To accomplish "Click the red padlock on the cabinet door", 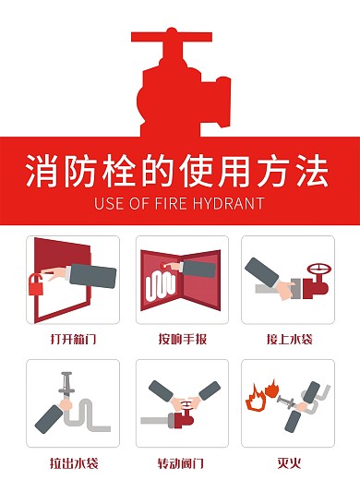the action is click(x=36, y=286).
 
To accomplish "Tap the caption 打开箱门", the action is click(x=74, y=339).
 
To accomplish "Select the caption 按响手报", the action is click(x=183, y=339).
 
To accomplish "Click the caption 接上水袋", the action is click(x=289, y=339).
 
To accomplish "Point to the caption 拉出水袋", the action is click(x=74, y=463).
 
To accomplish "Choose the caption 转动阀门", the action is click(x=181, y=463).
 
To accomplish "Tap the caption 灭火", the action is click(x=289, y=462).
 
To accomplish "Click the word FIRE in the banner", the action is click(x=171, y=204).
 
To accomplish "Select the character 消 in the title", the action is click(x=42, y=170).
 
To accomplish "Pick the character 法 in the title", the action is click(x=312, y=170).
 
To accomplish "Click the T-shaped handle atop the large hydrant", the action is click(x=172, y=36).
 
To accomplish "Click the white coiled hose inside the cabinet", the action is click(x=161, y=287).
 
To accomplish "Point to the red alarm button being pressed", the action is click(x=163, y=265).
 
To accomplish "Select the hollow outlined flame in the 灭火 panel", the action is click(x=256, y=400).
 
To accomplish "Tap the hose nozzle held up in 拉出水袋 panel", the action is click(x=66, y=385).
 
